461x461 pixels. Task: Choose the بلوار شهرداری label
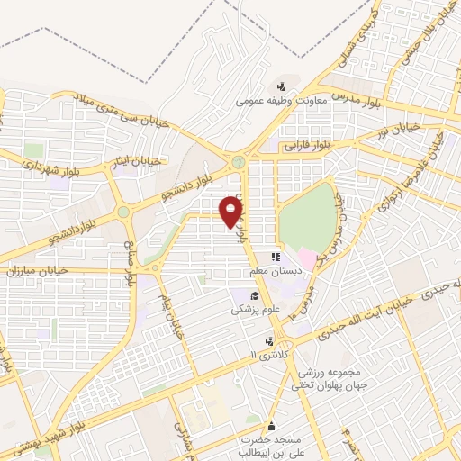tap(29, 168)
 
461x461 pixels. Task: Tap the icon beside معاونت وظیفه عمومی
tap(283, 87)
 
